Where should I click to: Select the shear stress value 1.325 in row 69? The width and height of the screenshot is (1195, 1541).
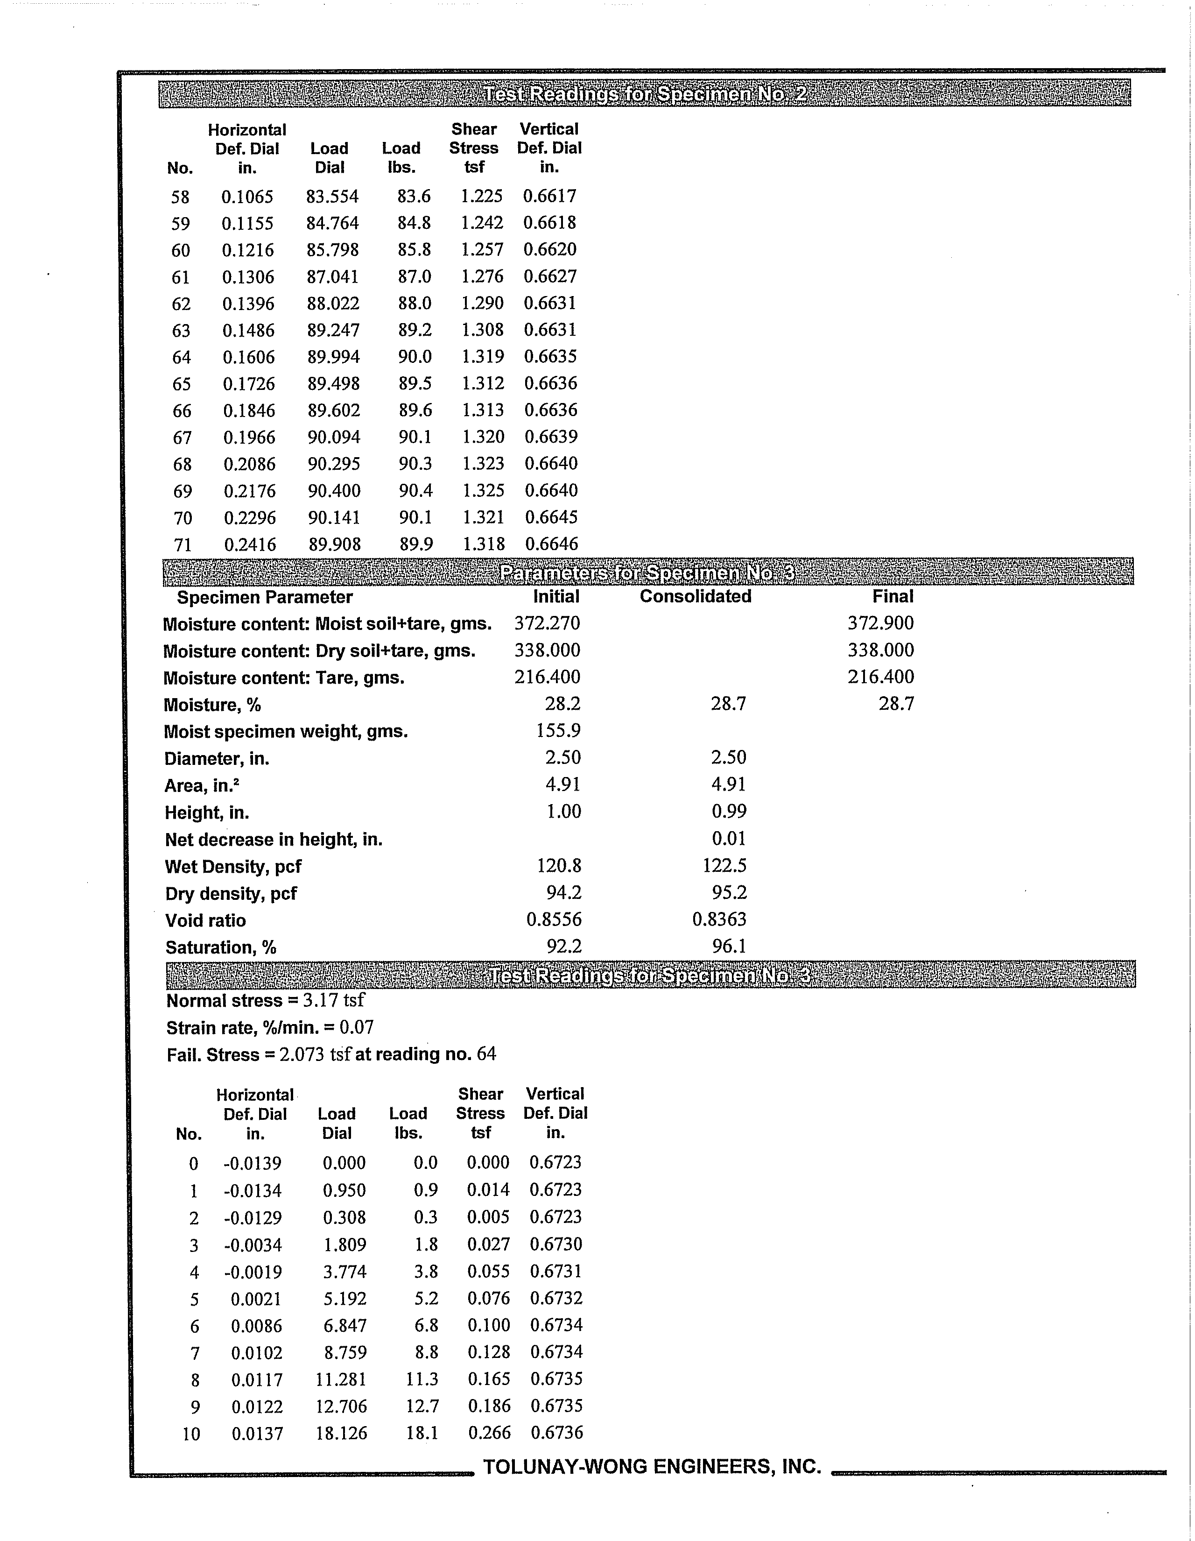coord(483,490)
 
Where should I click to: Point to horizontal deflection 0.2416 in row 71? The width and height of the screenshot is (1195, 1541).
coord(250,544)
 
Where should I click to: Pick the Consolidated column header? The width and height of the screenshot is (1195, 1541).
coord(695,596)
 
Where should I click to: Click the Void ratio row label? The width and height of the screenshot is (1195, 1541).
coord(205,921)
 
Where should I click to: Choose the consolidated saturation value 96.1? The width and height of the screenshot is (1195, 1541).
coord(729,946)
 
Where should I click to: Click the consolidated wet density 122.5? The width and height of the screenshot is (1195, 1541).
coord(724,866)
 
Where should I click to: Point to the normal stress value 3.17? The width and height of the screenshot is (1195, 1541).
coord(317,1001)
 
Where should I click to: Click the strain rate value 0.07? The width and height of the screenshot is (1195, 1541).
coord(357,1027)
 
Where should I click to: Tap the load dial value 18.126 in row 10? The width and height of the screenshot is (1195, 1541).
coord(341,1433)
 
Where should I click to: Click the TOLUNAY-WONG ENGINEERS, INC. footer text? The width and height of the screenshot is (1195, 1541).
coord(652,1467)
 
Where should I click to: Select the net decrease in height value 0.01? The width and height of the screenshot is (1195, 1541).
coord(729,839)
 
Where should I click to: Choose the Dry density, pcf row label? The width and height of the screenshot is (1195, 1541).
coord(231,894)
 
